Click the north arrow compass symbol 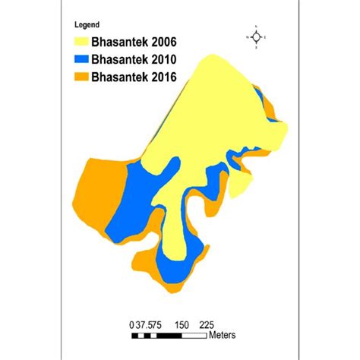tap(257, 36)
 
